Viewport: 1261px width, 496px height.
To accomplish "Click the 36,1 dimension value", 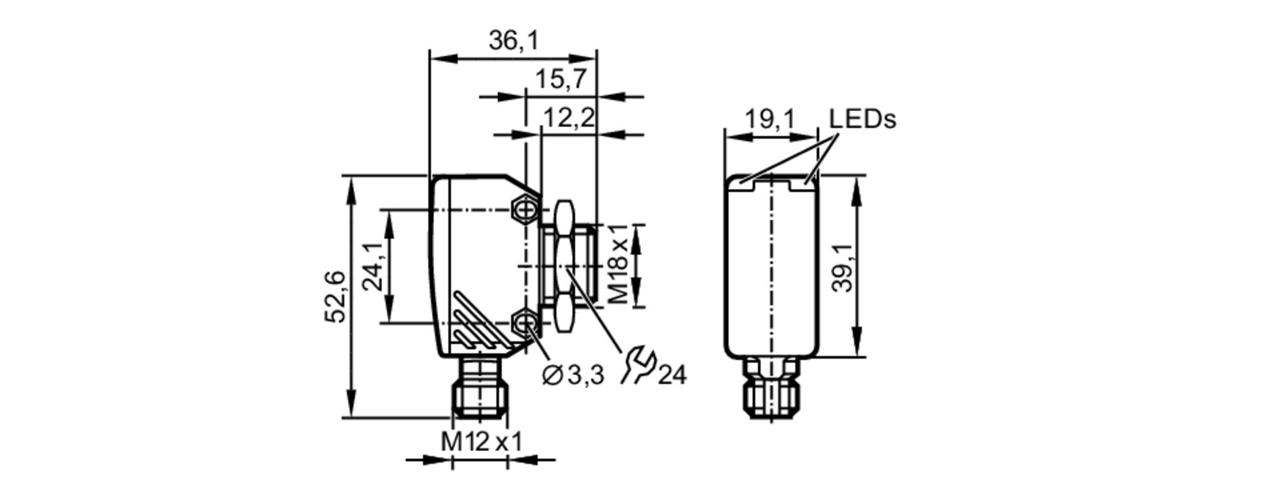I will pos(514,41).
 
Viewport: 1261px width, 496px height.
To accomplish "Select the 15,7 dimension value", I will pos(561,80).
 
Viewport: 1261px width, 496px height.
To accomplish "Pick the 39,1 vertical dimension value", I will pos(842,267).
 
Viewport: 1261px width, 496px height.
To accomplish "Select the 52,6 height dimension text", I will pos(335,297).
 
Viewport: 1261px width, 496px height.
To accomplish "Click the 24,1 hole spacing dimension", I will pos(374,266).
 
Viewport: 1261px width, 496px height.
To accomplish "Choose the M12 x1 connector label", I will pos(481,441).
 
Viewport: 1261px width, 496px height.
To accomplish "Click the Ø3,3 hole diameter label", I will pos(572,375).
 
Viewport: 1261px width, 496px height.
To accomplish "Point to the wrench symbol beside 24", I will pos(638,366).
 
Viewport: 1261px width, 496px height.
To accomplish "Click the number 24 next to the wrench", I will pos(672,375).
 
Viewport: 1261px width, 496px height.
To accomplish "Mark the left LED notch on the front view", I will pos(745,185).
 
